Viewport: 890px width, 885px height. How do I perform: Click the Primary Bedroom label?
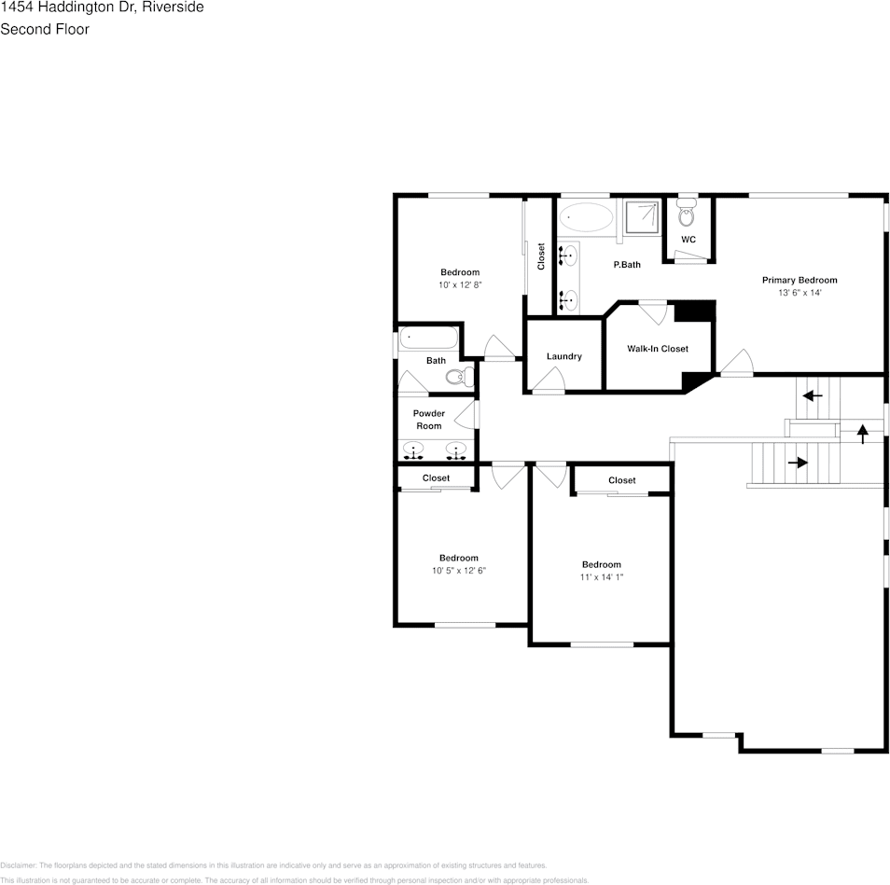pos(799,280)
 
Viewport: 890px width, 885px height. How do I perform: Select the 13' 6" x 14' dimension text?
pos(799,293)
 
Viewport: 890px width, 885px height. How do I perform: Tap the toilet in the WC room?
pos(687,216)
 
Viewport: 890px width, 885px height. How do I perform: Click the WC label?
pos(688,240)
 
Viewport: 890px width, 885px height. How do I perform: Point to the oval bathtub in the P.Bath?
pos(588,218)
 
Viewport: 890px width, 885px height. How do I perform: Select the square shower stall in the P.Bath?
pos(641,217)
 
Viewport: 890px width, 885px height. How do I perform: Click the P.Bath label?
pos(626,265)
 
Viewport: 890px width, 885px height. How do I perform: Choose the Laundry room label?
pos(563,356)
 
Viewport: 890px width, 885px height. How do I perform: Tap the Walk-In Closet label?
pos(657,349)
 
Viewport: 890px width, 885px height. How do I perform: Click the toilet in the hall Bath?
pos(458,377)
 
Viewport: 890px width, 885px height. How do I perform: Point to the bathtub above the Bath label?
pos(428,338)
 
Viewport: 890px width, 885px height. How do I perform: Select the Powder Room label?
pos(428,420)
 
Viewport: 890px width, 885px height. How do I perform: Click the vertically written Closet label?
pos(541,257)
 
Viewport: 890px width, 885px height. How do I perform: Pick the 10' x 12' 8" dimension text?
pos(459,285)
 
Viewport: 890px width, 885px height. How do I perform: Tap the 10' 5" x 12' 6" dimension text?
pos(459,571)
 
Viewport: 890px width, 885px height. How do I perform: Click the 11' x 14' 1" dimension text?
pos(601,577)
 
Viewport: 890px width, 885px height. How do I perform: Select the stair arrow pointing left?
pos(813,395)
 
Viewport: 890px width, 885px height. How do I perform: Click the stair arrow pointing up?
pos(862,431)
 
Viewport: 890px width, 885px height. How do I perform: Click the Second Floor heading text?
pos(45,29)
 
